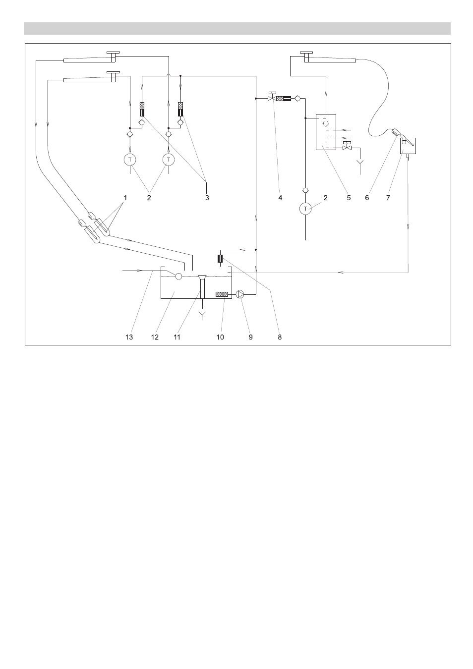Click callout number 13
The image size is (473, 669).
pos(129,337)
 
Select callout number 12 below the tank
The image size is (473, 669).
pos(155,337)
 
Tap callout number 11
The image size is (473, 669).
pos(177,337)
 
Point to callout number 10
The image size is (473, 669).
pos(220,337)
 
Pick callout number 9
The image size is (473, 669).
pos(251,337)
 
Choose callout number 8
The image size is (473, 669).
pos(280,337)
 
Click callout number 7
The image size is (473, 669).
pos(388,198)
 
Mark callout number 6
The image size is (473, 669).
pos(367,198)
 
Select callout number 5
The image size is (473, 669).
pos(349,198)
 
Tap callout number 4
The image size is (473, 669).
pos(280,198)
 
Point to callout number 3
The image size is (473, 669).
pos(207,198)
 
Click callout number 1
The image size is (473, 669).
pos(125,198)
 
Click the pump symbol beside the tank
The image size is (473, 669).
pos(240,294)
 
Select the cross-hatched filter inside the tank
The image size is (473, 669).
pos(222,294)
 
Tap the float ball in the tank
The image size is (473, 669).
pos(178,276)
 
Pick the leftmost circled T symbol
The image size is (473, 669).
pos(130,160)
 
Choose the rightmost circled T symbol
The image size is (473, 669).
pos(305,209)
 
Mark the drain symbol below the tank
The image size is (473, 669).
pos(203,315)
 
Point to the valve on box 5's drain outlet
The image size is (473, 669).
pos(347,147)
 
